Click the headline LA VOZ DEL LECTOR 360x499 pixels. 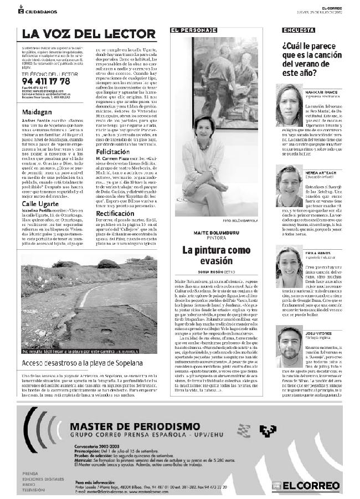89,34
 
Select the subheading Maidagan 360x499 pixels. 37,96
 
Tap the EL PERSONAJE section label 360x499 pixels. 193,29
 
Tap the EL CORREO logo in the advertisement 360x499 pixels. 313,486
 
